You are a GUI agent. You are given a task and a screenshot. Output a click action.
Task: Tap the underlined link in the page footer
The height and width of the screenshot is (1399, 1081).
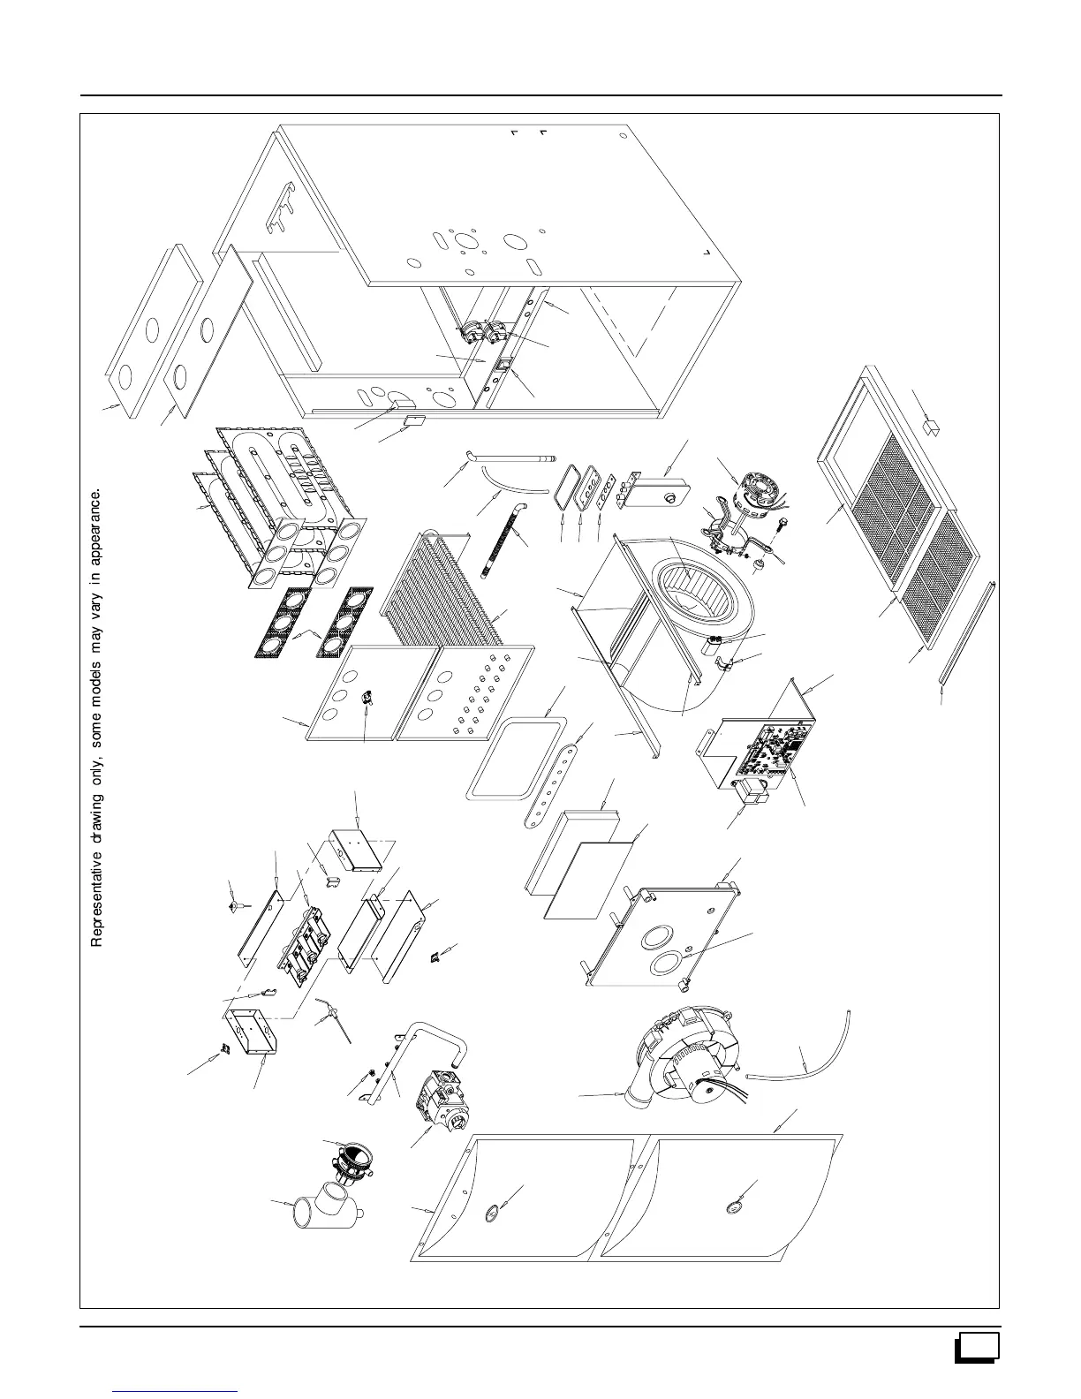[x=177, y=1389]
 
